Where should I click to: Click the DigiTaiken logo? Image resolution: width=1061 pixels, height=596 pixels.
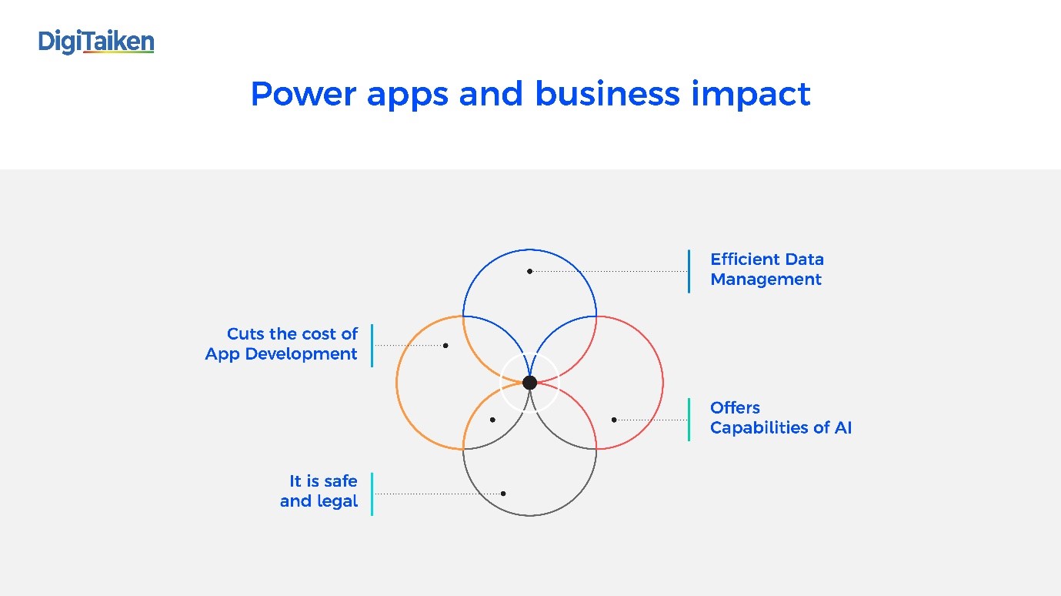coord(96,42)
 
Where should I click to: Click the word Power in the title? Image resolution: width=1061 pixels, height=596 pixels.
coord(303,94)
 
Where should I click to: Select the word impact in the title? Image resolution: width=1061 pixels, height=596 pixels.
coord(751,95)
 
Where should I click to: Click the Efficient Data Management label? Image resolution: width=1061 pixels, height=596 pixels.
coord(767,270)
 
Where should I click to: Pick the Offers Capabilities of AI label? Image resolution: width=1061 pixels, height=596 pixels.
coord(781,417)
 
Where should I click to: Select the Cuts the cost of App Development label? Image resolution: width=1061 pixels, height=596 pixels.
coord(282,343)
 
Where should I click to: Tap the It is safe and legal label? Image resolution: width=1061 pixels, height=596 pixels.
coord(319,491)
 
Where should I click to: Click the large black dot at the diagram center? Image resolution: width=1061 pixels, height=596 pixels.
coord(529,383)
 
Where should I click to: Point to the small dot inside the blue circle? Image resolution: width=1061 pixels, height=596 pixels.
coord(529,271)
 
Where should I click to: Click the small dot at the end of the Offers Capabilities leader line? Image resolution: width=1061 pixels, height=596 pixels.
coord(614,420)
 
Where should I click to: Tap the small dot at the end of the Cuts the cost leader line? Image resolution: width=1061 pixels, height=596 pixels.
coord(445,346)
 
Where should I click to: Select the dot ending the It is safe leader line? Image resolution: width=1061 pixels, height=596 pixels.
coord(503,494)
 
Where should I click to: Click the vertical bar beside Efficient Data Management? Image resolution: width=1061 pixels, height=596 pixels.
coord(689,271)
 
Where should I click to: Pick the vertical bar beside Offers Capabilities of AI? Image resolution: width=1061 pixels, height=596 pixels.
coord(689,420)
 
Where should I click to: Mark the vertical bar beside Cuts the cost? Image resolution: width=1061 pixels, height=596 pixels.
coord(372,346)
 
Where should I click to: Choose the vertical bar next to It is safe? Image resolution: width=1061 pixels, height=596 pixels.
coord(372,494)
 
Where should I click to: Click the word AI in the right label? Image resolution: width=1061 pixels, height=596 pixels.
coord(843,427)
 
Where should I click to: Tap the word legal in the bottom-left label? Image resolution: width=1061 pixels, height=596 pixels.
coord(337,501)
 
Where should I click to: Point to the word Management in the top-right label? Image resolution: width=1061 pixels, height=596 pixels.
coord(766,280)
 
